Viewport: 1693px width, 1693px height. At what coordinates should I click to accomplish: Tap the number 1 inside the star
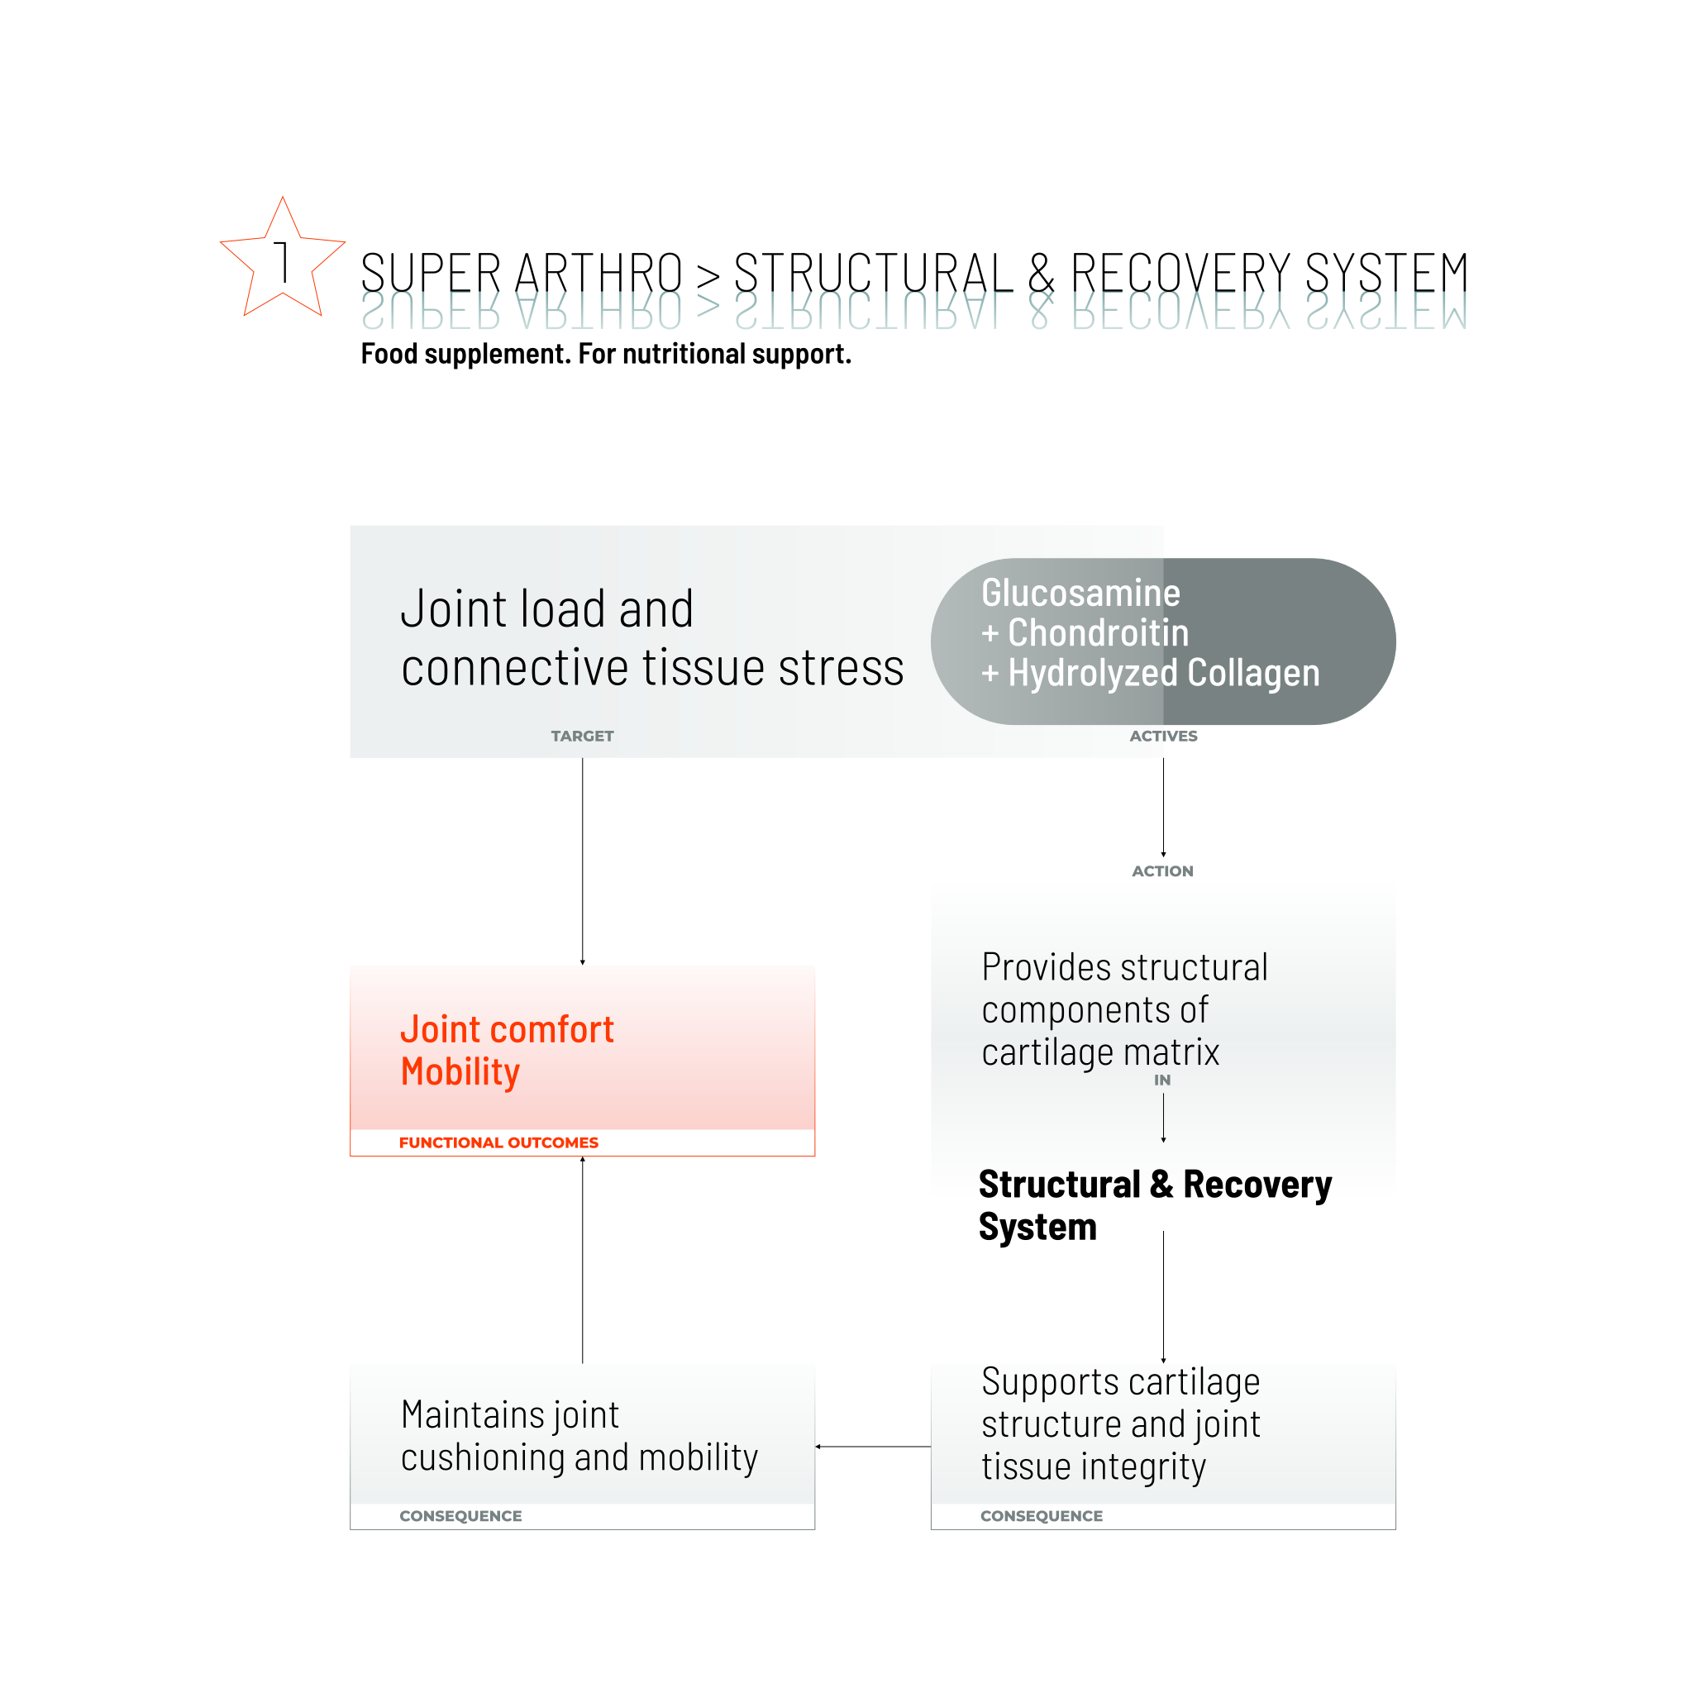click(x=282, y=262)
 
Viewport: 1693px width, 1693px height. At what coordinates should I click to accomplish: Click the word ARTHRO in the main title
click(x=598, y=273)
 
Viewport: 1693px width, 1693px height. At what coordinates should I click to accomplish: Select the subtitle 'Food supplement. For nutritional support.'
click(x=605, y=354)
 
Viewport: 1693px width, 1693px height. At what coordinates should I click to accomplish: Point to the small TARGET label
click(x=582, y=736)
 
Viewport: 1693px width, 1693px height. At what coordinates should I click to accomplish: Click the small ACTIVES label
click(x=1163, y=736)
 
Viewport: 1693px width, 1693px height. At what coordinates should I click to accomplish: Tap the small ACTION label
click(x=1162, y=871)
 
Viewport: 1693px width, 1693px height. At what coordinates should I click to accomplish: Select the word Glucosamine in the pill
click(x=1080, y=594)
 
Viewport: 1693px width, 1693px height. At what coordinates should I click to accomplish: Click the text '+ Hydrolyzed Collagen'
click(x=1150, y=673)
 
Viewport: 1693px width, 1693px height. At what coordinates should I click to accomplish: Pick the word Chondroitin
click(x=1098, y=632)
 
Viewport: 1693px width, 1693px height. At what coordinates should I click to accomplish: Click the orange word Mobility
click(x=460, y=1071)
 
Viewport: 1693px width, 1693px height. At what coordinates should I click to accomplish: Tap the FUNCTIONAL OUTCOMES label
click(x=498, y=1142)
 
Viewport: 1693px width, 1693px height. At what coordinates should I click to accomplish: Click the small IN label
click(x=1162, y=1080)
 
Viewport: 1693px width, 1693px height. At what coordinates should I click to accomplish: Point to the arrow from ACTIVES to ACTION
click(x=1164, y=806)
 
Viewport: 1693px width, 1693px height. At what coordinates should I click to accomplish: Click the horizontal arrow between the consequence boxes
click(x=873, y=1447)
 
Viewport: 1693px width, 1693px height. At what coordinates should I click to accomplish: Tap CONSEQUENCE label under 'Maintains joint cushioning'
click(x=460, y=1516)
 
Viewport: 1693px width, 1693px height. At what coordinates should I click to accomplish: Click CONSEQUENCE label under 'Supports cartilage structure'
click(x=1041, y=1516)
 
